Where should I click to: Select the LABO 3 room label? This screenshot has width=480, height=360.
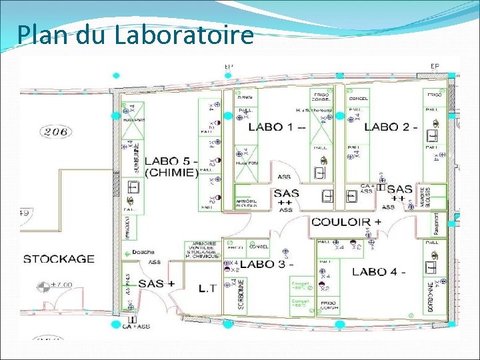tap(263, 264)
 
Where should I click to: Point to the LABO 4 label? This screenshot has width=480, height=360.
tap(379, 271)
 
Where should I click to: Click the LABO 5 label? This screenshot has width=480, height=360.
tap(170, 161)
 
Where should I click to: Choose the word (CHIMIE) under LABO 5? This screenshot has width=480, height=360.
tap(171, 173)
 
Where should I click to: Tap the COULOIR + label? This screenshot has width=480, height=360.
tap(346, 221)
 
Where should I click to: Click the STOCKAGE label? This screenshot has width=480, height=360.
tap(59, 258)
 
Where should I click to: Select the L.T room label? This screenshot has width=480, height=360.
tap(207, 289)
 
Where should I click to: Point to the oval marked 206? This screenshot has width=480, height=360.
tap(56, 131)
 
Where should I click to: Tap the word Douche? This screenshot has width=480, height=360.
tap(143, 252)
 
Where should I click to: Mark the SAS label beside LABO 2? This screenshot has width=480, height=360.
tap(399, 189)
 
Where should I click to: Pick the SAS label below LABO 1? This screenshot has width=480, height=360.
tap(286, 194)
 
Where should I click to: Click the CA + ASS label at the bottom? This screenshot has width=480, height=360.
tap(136, 326)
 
